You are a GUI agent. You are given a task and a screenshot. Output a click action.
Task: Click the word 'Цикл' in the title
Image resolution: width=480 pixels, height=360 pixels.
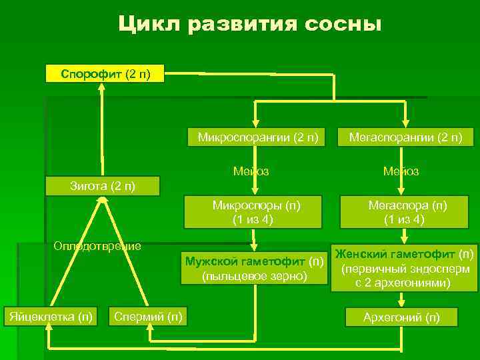pos(149,25)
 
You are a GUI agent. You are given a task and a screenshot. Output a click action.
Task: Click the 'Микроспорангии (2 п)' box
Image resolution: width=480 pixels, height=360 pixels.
pos(257,138)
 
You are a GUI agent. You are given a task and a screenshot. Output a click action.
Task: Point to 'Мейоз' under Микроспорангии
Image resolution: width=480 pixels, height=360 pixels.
pos(251,171)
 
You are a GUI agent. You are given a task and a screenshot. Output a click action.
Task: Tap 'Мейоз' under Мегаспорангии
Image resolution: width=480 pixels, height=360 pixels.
pos(401,171)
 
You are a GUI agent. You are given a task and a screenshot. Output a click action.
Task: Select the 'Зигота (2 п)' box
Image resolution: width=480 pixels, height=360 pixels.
pos(103,185)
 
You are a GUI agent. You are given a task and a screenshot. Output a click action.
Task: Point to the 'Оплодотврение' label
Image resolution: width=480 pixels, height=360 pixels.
pos(97,246)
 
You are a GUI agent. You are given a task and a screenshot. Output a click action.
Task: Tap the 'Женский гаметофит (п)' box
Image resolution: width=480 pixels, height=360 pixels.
pos(405,268)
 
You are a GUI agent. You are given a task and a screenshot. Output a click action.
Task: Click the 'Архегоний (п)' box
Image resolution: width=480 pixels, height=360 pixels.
pos(401,317)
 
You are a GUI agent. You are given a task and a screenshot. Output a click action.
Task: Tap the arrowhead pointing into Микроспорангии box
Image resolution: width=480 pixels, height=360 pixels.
pos(254,123)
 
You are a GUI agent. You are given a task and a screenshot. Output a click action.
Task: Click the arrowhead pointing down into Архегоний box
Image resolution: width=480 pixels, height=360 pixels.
pos(404,303)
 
